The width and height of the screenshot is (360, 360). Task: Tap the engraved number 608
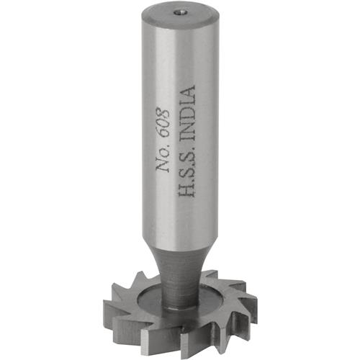pos(161,123)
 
